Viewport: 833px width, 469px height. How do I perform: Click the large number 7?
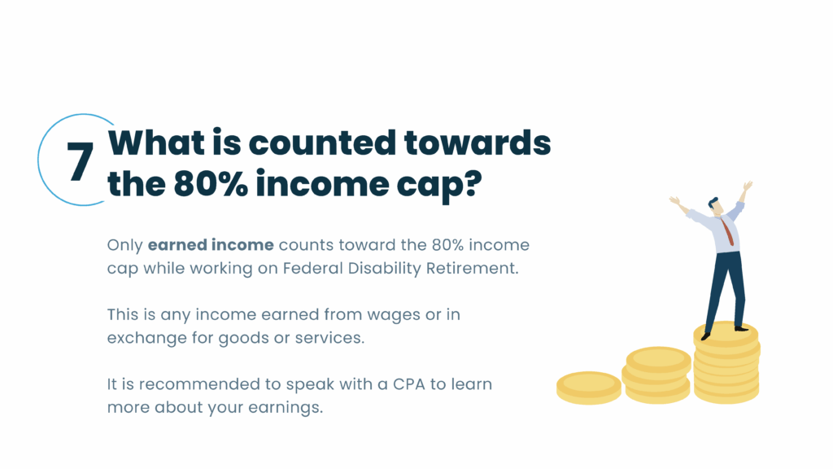[x=81, y=162]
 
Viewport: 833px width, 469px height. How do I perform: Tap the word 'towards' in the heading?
[x=478, y=143]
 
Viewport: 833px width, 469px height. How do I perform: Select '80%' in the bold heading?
[x=211, y=184]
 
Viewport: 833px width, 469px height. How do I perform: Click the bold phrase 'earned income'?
[x=211, y=244]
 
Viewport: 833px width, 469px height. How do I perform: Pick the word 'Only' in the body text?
[x=124, y=245]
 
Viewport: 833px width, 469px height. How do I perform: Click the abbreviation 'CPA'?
[x=409, y=384]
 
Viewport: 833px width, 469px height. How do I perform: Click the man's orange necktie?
[x=727, y=232]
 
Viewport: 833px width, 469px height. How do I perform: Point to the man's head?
[x=715, y=206]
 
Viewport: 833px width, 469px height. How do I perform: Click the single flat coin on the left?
[x=589, y=388]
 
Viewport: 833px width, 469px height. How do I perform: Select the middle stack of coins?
[x=657, y=375]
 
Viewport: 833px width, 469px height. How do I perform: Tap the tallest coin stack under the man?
[x=726, y=362]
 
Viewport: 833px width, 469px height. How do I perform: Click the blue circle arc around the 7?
[x=38, y=160]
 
